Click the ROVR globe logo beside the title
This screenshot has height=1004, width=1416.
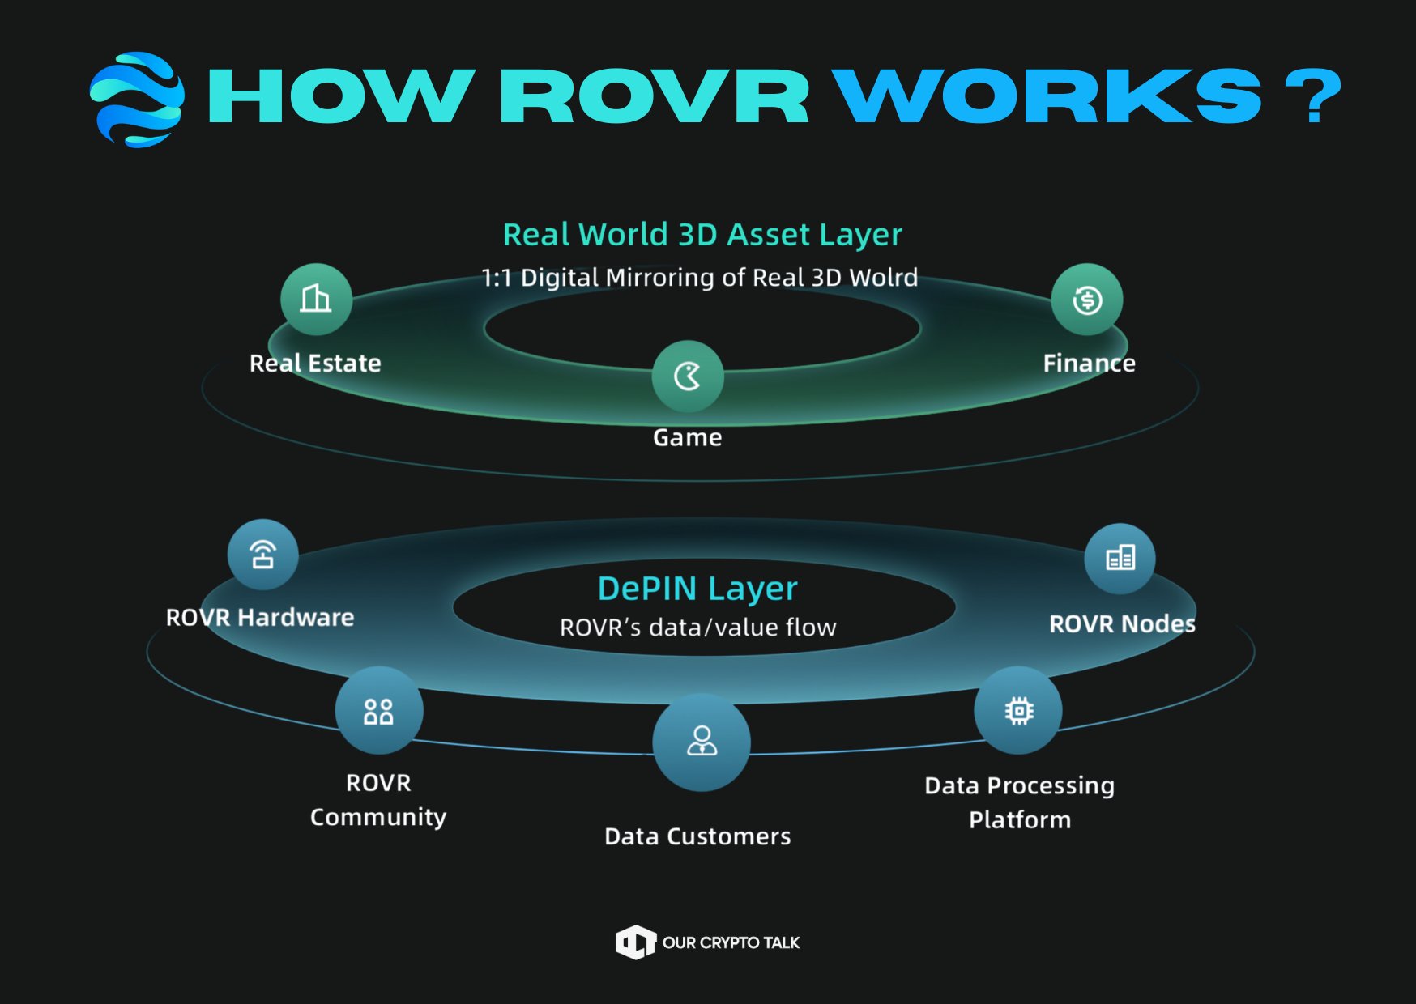(137, 99)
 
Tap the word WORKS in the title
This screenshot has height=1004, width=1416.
(1047, 96)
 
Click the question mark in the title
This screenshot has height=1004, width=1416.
(1312, 96)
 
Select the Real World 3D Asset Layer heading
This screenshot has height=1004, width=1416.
(702, 235)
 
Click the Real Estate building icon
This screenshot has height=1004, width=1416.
(316, 299)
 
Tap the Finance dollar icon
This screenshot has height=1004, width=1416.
(1086, 300)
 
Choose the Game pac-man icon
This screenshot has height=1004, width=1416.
(688, 376)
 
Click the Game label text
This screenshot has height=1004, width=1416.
(687, 437)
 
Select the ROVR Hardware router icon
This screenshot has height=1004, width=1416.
(262, 555)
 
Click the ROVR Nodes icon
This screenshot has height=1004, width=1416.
(1120, 558)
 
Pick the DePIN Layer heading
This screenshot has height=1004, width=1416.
(697, 589)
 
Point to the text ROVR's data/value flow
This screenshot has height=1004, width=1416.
(697, 627)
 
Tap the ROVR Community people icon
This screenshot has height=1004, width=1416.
(378, 711)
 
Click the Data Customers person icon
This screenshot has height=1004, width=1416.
(702, 741)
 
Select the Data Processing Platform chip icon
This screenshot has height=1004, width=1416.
(1018, 711)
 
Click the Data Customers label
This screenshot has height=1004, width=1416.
(697, 836)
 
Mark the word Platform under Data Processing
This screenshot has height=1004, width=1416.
(1020, 819)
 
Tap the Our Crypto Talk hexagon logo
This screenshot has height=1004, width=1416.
(635, 942)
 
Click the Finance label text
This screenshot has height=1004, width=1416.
(1089, 364)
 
